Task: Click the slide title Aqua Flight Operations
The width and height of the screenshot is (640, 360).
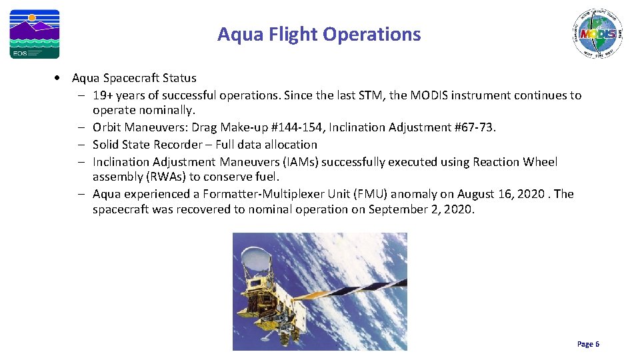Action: pos(319,34)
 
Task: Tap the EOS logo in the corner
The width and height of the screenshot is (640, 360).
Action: pos(34,34)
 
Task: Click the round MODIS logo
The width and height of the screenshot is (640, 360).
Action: pos(599,34)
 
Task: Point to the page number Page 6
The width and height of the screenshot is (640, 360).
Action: pos(588,344)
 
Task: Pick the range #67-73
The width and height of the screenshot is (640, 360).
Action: pos(471,127)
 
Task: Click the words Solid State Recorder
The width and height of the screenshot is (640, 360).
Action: pos(147,144)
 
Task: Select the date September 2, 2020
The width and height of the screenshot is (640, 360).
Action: pos(425,209)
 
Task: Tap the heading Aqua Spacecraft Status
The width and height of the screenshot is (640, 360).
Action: pos(134,78)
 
